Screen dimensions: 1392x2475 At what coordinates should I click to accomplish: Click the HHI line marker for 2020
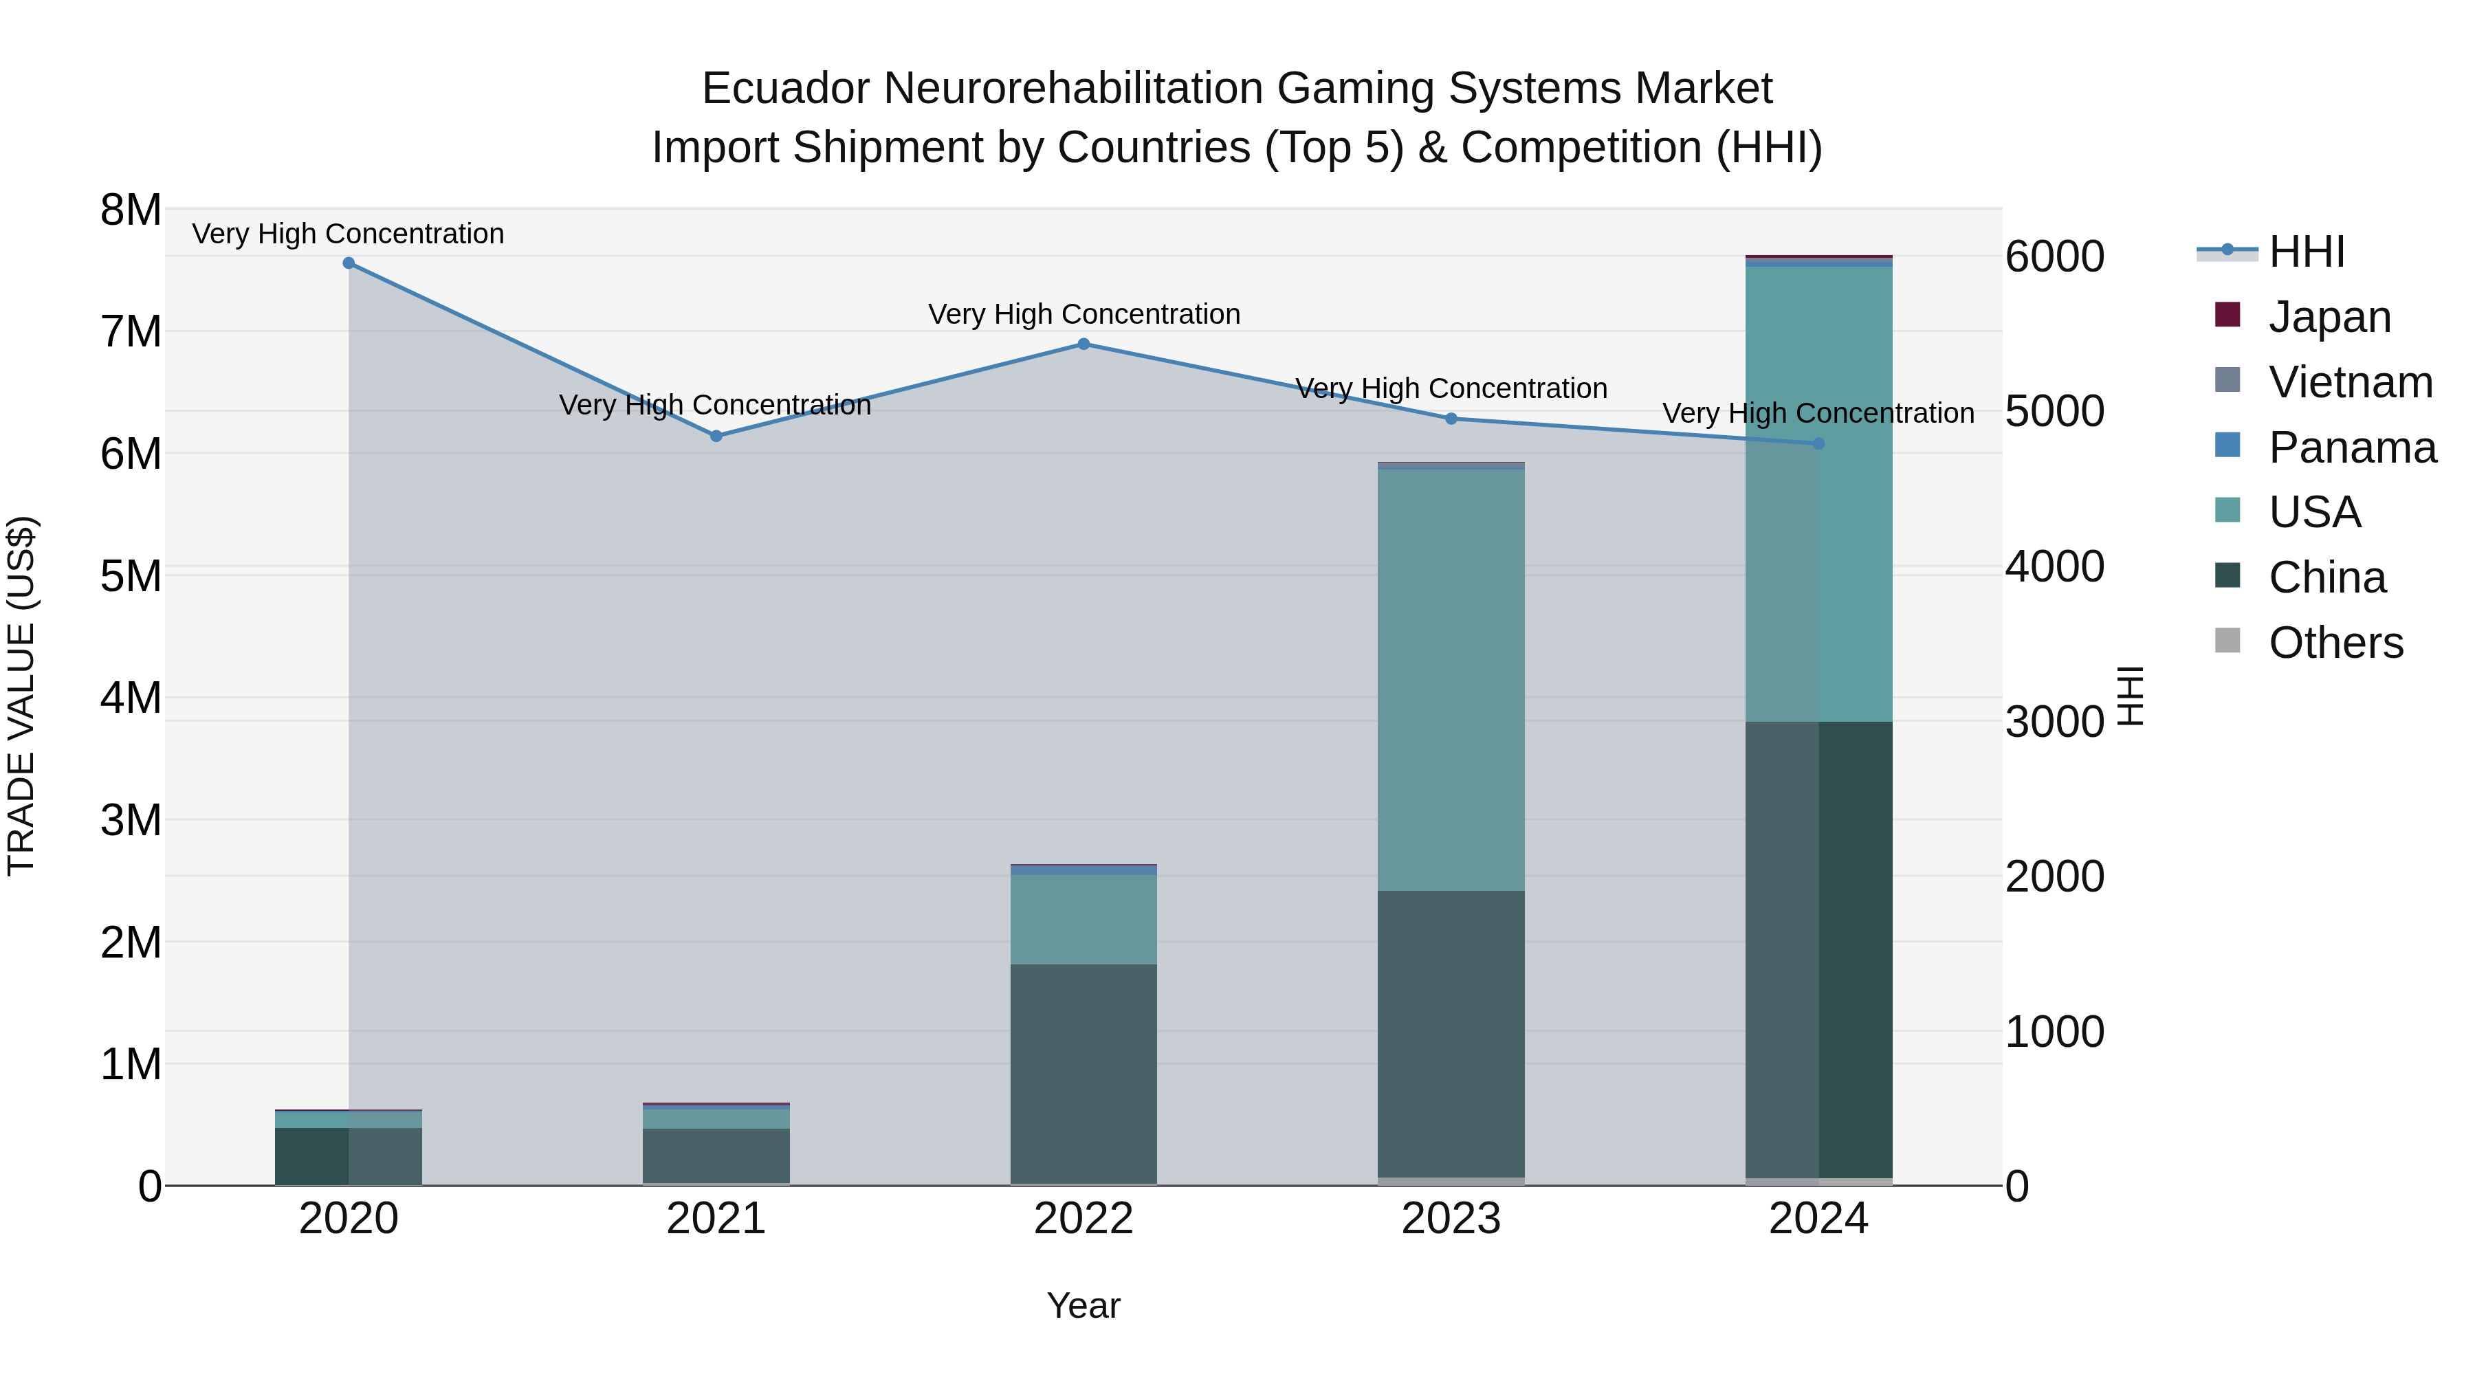(349, 263)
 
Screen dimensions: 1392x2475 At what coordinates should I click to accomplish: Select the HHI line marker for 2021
(716, 436)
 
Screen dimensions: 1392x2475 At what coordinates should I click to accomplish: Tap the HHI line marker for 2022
(1083, 344)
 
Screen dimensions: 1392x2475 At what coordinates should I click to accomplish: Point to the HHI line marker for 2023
(1451, 419)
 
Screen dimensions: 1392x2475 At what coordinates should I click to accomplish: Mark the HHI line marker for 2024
(1818, 444)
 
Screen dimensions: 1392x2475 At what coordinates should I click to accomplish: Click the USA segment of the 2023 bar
(1451, 679)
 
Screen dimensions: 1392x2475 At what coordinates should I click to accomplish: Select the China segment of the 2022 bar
(1083, 1073)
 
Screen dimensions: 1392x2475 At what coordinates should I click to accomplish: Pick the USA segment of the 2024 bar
(1818, 494)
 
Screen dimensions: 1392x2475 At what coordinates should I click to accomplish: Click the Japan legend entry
(2329, 317)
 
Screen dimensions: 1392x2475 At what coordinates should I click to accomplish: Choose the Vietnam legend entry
(2350, 382)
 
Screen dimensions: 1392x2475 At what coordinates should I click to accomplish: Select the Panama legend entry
(2352, 448)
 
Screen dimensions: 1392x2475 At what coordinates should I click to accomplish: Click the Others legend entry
(2335, 643)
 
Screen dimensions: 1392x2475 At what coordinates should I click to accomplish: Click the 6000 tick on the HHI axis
(2055, 258)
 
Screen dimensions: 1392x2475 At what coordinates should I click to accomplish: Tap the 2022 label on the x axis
(1083, 1219)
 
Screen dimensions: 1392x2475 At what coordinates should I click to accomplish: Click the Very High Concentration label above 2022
(1083, 314)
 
